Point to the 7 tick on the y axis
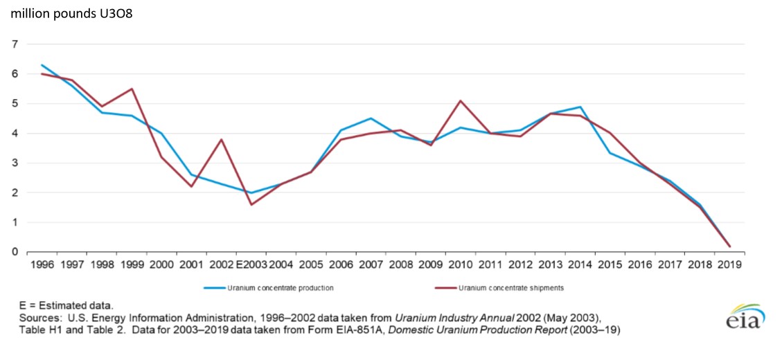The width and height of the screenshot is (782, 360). (x=15, y=44)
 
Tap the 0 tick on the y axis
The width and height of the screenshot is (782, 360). (x=15, y=252)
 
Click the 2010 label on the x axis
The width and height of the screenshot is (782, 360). (x=460, y=264)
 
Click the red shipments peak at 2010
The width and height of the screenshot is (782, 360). (x=461, y=100)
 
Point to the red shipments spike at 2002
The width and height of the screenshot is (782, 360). (x=220, y=139)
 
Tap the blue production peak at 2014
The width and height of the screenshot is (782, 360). (x=580, y=107)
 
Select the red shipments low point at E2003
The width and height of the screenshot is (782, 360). (x=251, y=204)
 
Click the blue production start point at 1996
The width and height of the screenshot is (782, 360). (x=42, y=65)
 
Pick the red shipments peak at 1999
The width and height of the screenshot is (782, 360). (x=132, y=89)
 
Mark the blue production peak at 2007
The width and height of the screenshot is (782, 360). (x=371, y=118)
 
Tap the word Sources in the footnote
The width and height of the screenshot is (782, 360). (x=33, y=318)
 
